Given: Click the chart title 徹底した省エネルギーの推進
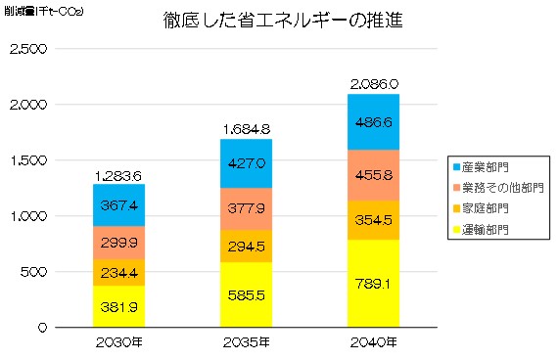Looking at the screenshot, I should pos(284,21).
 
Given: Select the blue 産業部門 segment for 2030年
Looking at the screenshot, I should pos(118,204).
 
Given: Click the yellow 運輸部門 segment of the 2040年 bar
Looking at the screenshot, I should pos(373,283).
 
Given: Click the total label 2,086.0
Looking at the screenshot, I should pos(373,86).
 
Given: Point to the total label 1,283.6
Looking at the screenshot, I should pos(118,175).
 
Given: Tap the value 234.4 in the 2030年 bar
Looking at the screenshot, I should pos(118,273).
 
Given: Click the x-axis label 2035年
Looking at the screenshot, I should pos(246,342).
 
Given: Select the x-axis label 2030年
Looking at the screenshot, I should pos(118,342).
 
